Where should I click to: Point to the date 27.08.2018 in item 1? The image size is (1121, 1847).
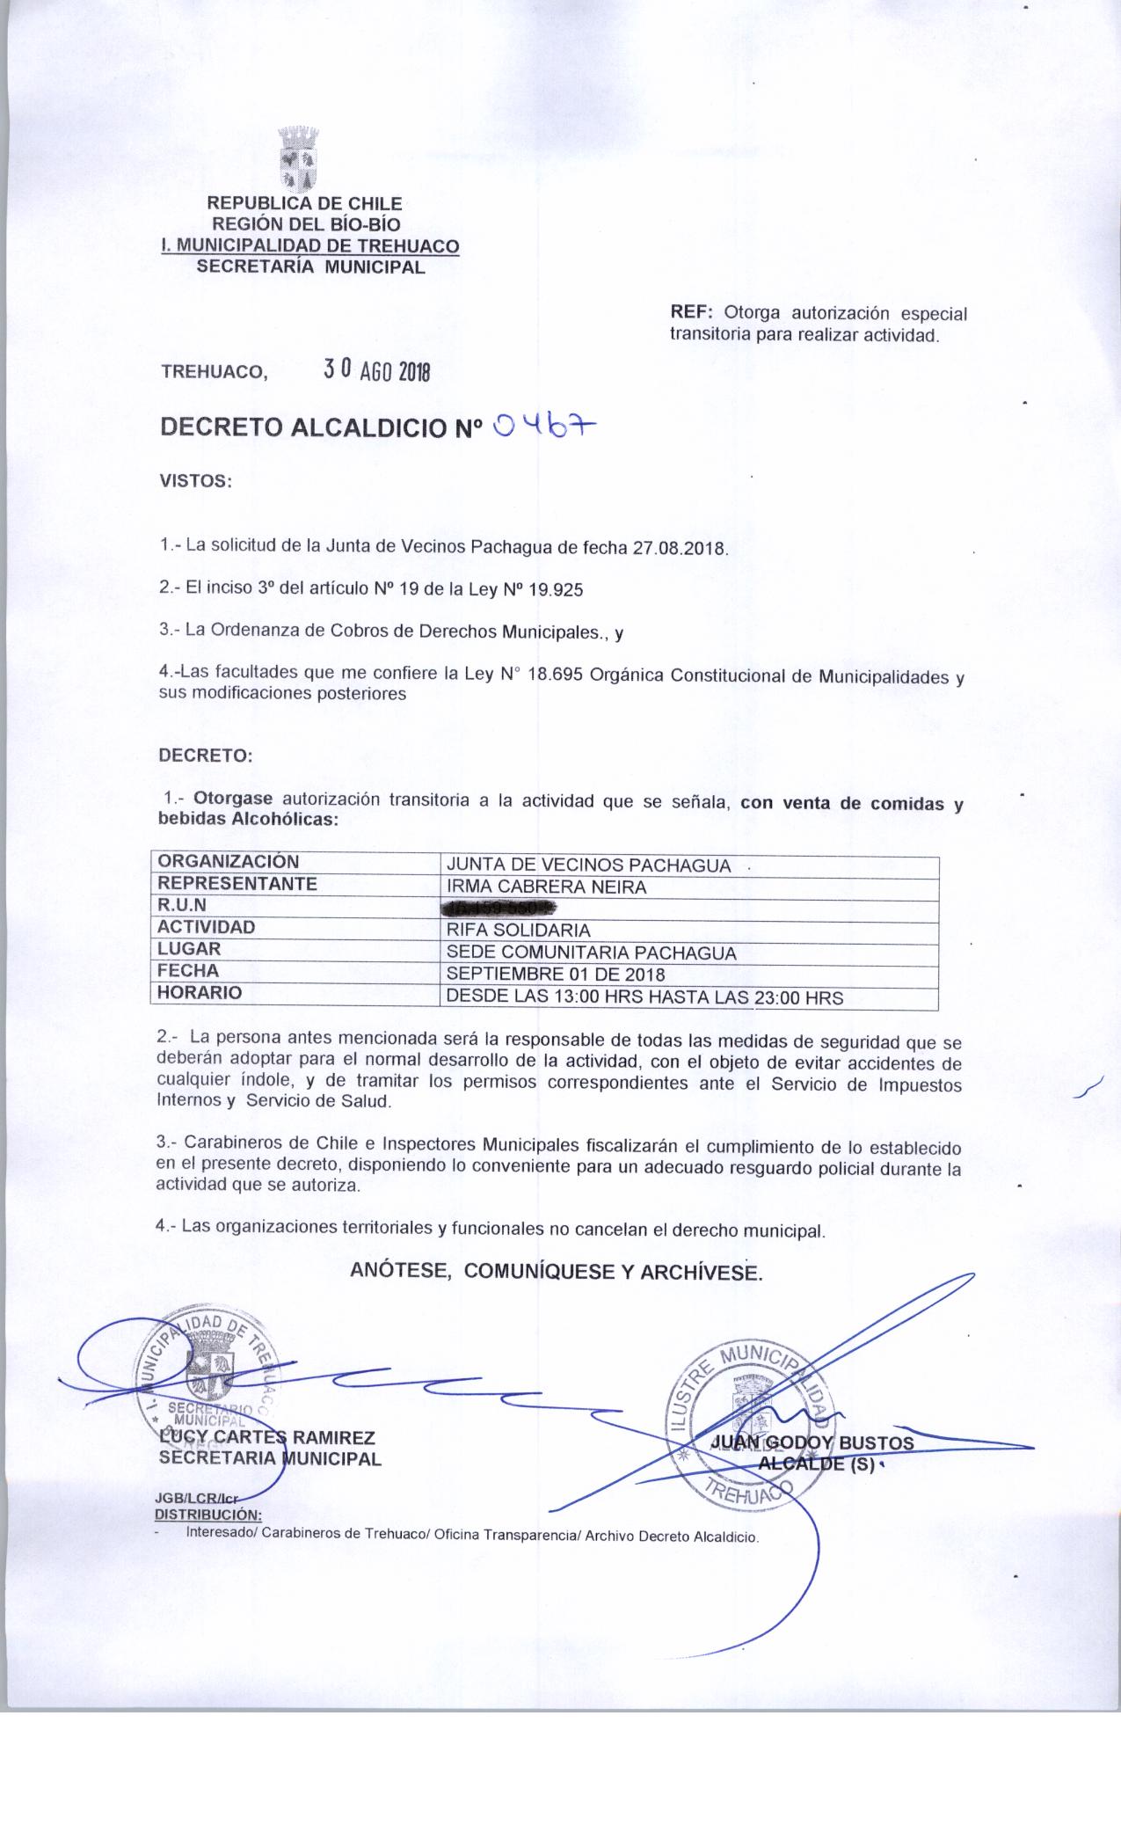point(680,547)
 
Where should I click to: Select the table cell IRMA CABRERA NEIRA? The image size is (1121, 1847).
point(546,887)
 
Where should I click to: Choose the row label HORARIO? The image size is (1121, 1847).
point(199,993)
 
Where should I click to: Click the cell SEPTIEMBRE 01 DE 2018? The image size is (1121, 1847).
point(556,975)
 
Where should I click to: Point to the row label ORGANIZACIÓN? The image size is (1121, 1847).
point(228,862)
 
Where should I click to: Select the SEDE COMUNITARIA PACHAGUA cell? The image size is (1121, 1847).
point(591,953)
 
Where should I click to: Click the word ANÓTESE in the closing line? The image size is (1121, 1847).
point(401,1271)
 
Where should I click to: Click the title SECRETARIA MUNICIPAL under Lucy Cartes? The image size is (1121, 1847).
point(268,1459)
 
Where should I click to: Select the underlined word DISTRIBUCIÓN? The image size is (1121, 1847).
point(208,1515)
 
